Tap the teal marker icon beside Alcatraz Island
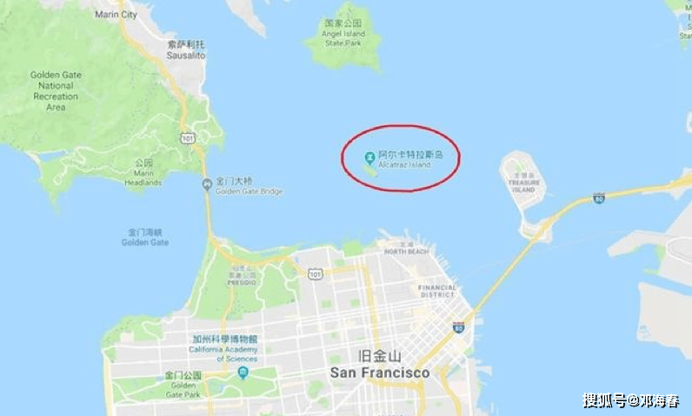tap(369, 158)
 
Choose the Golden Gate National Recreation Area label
tap(57, 91)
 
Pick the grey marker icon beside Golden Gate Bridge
tap(207, 184)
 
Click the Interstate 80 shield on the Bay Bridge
tap(599, 198)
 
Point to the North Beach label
tap(406, 251)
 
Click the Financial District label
tap(437, 291)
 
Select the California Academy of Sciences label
tap(223, 348)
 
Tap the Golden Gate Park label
tap(183, 385)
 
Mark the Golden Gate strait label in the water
tap(145, 238)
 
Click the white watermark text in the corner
tap(631, 400)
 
